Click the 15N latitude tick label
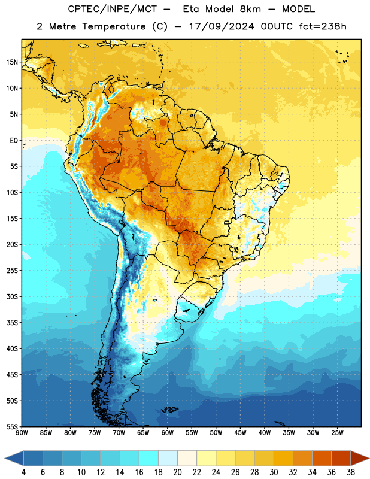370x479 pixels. coord(12,62)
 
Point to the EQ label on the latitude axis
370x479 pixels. coord(14,141)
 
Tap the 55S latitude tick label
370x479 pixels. coord(12,426)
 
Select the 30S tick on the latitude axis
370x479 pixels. coord(12,296)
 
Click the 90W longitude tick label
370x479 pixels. coord(22,432)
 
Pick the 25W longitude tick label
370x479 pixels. coord(337,432)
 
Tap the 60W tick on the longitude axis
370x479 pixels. coord(168,432)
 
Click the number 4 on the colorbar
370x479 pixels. coord(23,472)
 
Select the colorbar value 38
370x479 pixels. coord(351,472)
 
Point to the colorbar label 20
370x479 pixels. coord(177,472)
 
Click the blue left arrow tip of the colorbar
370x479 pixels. coord(5,458)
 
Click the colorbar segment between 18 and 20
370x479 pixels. coord(168,458)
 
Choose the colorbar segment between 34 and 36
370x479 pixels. coord(322,458)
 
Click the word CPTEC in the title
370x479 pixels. coord(81,9)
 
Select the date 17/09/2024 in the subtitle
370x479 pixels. coord(222,26)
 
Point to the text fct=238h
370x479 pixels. coord(323,26)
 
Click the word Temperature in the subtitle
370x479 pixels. coord(114,26)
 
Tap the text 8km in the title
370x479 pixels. coord(250,9)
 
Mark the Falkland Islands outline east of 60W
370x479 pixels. coord(170,410)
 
